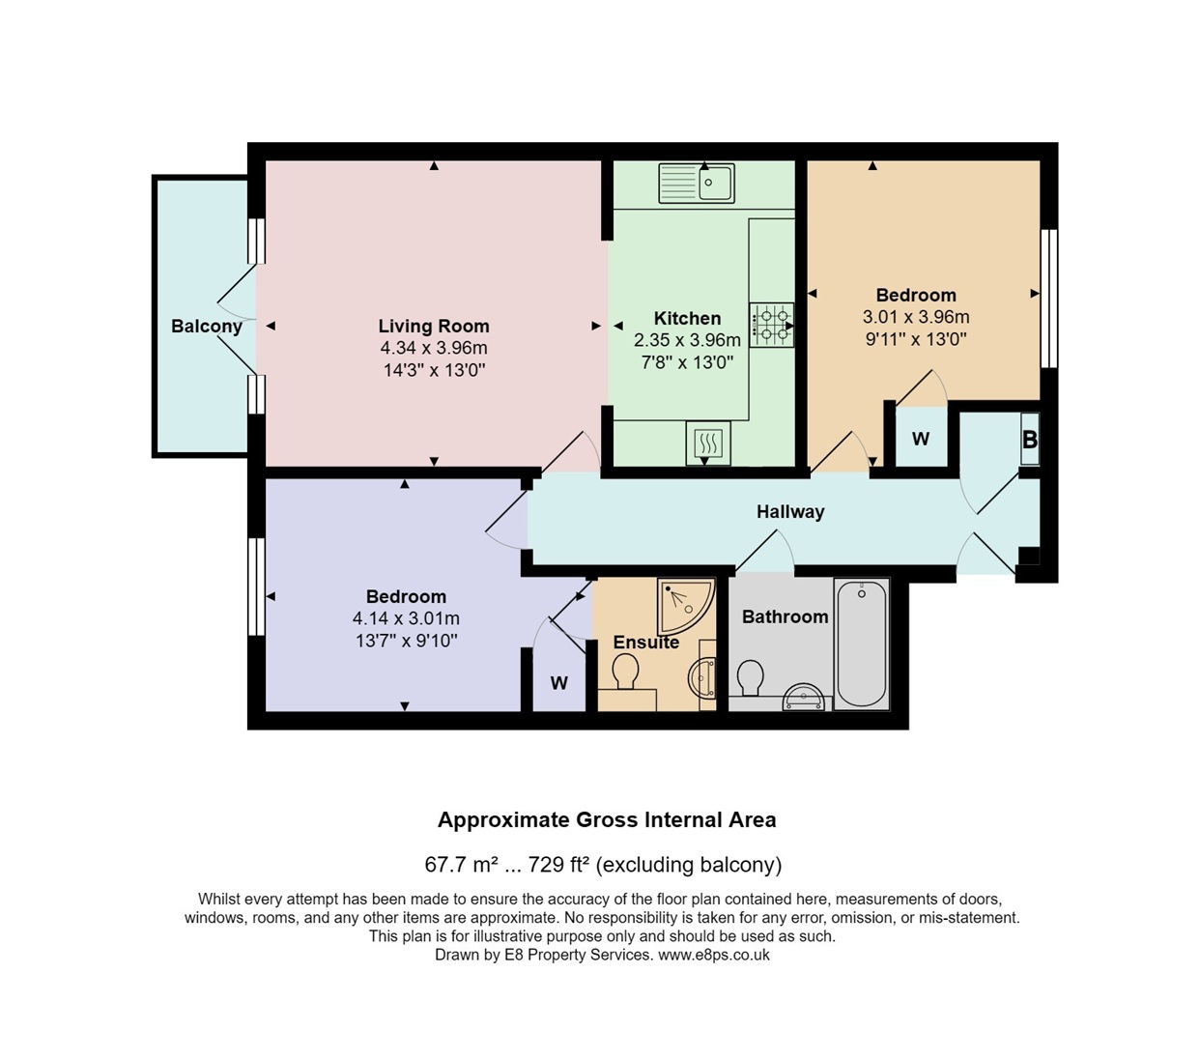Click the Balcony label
[206, 327]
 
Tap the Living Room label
[434, 326]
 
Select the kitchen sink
[697, 183]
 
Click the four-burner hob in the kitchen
[771, 326]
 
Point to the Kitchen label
[687, 318]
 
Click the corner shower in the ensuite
[685, 605]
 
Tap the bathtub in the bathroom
[862, 644]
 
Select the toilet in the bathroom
[751, 677]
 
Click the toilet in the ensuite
[625, 672]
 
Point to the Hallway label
[790, 511]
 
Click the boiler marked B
[1029, 439]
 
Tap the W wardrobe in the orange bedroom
[921, 439]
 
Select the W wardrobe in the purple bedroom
[559, 683]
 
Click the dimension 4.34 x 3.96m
[434, 348]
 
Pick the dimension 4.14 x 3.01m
[406, 618]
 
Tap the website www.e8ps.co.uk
[714, 955]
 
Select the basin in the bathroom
[803, 697]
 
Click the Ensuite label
[645, 642]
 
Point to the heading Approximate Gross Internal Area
[607, 819]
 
